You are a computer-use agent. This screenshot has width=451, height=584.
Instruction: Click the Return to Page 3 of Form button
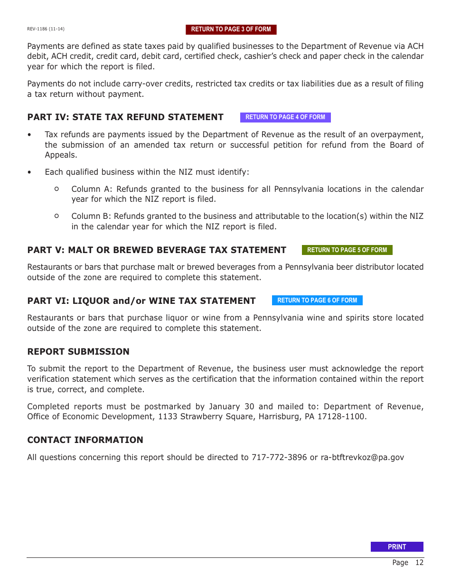[231, 29]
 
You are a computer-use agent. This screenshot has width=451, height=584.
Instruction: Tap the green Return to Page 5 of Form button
[347, 250]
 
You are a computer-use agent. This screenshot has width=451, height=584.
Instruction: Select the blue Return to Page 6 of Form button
[317, 301]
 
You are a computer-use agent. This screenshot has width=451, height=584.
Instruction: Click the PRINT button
[397, 547]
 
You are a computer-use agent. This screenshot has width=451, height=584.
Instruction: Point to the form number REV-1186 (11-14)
[46, 29]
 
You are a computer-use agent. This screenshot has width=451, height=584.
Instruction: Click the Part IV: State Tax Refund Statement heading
[125, 117]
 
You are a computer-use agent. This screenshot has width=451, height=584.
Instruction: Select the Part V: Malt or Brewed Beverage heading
[157, 250]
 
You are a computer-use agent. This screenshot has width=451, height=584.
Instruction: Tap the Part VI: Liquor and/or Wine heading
[141, 301]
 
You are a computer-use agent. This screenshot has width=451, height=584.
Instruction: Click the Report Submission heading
[78, 352]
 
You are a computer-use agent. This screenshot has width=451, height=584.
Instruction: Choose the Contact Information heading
[85, 440]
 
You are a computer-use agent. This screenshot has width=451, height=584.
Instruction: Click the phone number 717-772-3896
[279, 458]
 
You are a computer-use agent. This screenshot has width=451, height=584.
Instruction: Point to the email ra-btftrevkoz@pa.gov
[362, 458]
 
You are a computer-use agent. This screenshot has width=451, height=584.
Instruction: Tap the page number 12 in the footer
[419, 563]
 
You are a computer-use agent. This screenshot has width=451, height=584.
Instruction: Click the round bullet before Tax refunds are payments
[30, 135]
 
